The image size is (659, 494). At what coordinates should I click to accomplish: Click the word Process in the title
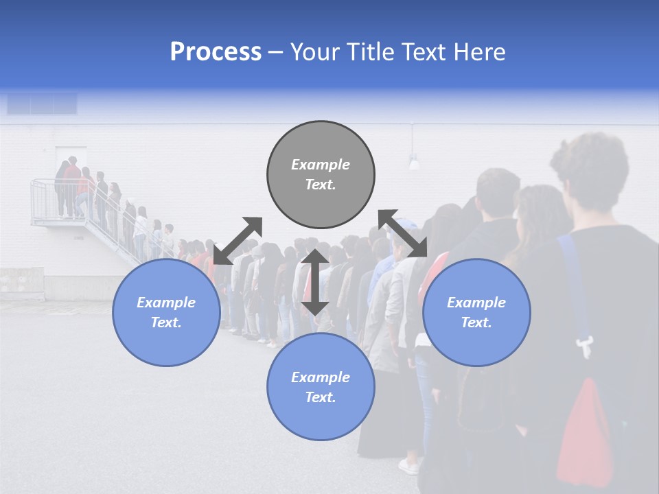pos(216,52)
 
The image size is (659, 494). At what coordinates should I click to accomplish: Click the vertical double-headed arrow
pos(315,282)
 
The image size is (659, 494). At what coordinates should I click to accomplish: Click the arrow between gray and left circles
pos(238,241)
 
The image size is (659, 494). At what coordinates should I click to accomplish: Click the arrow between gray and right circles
pos(403,234)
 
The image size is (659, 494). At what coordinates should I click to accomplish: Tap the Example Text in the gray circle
pos(321,174)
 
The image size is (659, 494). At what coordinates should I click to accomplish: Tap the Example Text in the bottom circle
pos(321,387)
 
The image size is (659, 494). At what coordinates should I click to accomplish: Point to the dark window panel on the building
pos(41,104)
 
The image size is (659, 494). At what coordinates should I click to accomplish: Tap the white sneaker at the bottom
pos(409,467)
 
